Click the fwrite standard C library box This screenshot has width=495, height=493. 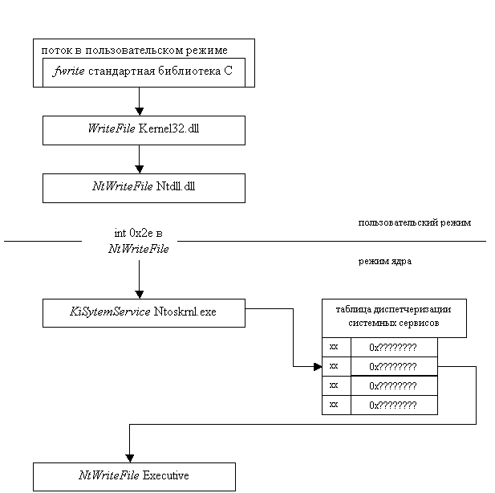tap(144, 72)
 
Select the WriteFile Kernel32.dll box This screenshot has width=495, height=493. tap(144, 130)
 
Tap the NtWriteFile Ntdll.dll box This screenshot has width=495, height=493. tap(144, 188)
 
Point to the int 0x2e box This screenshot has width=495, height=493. tap(139, 240)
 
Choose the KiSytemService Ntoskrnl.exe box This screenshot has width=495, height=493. tap(144, 312)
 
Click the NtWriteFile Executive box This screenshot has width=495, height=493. tap(134, 476)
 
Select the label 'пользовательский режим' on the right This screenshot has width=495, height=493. tap(417, 222)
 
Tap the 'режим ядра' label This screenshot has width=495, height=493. tap(417, 261)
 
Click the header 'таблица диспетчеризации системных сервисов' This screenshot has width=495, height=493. tap(393, 317)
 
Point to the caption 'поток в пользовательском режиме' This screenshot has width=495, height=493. tap(135, 50)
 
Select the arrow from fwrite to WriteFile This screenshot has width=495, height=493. tap(140, 101)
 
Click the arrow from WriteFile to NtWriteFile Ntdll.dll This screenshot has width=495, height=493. tap(140, 159)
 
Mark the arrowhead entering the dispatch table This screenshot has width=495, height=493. tap(316, 366)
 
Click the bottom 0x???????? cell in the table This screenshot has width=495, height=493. tap(393, 405)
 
